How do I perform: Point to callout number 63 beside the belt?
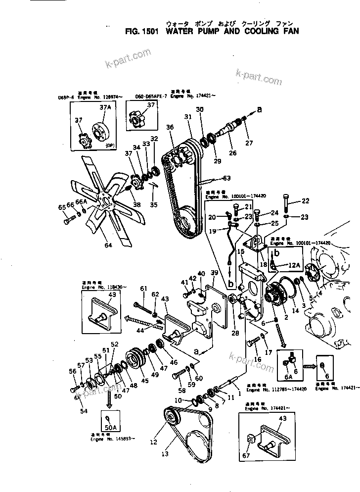click(x=226, y=178)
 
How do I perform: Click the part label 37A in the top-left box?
click(x=105, y=107)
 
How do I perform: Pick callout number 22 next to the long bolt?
click(x=306, y=200)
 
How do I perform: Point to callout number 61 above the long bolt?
click(x=143, y=289)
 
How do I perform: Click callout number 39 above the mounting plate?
click(x=214, y=273)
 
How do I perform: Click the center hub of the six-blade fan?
click(x=105, y=200)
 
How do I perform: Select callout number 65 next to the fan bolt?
click(x=61, y=207)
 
